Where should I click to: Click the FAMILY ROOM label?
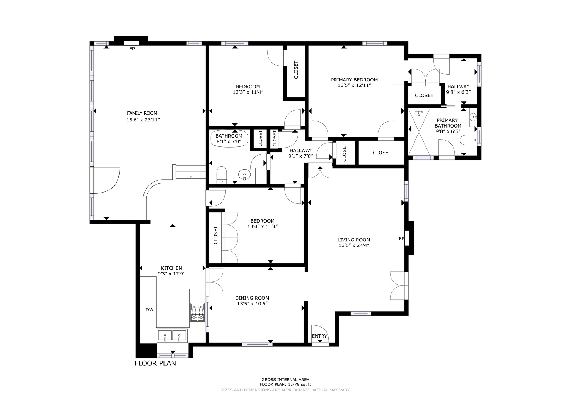click(142, 113)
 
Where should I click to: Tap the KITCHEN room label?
click(171, 268)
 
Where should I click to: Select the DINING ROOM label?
click(252, 298)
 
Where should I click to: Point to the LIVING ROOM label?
click(354, 240)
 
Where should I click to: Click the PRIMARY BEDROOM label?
click(354, 80)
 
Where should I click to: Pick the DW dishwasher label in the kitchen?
click(150, 310)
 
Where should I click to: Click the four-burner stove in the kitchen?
click(198, 312)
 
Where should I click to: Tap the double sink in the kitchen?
click(172, 336)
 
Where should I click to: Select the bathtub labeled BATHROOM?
click(230, 139)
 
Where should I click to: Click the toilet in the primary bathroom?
click(469, 140)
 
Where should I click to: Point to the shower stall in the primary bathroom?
click(419, 132)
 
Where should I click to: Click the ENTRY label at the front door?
click(319, 336)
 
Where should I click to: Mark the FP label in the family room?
click(132, 49)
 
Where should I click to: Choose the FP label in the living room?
click(401, 239)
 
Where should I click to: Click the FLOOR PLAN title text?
click(155, 363)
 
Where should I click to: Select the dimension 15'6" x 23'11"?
click(143, 120)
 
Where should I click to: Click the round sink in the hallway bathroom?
click(244, 175)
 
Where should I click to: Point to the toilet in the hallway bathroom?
click(222, 175)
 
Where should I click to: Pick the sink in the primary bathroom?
click(473, 118)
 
